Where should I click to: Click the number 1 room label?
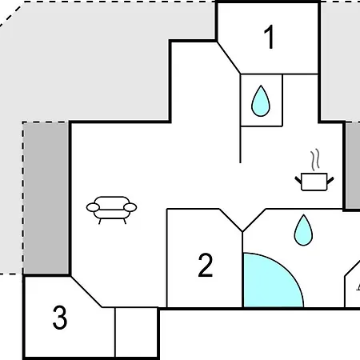point(270,37)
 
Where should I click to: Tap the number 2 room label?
point(206,265)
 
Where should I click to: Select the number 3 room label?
point(60,318)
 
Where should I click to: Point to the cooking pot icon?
point(314,182)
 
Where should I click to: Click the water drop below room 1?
point(261,101)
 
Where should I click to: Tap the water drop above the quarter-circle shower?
point(303,230)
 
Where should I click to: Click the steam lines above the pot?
point(315,160)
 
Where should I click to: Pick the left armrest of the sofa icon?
point(93,207)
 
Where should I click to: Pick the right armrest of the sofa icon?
point(130,207)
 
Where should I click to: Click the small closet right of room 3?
point(136,332)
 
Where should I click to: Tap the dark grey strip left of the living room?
point(46,198)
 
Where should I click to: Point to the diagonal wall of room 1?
point(229,58)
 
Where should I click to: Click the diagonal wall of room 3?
point(86,292)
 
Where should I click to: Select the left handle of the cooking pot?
point(298,180)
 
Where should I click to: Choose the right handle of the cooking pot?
point(330,180)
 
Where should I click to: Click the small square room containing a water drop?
point(262,100)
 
